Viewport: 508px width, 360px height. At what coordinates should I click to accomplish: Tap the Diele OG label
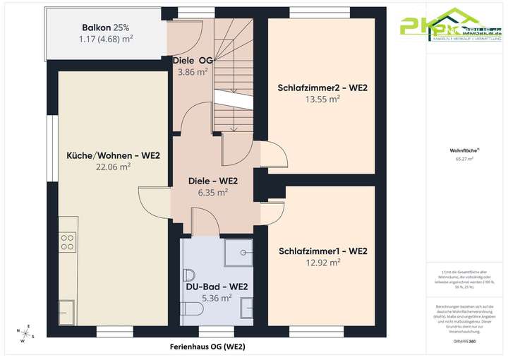192,61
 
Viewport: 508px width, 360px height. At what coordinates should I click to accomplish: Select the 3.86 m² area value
192,72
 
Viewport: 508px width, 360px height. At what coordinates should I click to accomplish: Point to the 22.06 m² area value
114,167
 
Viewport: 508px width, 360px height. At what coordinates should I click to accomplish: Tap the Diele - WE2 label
212,180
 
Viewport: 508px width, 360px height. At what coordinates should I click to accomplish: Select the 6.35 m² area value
212,191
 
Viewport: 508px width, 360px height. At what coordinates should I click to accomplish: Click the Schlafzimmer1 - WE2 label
323,251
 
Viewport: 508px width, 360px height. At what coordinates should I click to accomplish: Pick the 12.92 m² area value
323,262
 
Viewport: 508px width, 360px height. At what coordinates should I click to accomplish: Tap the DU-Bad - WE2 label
217,287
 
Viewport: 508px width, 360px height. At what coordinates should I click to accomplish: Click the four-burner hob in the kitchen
68,243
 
